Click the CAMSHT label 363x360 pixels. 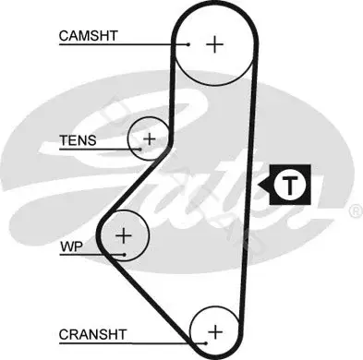pyautogui.click(x=89, y=36)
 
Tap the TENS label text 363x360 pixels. pyautogui.click(x=78, y=140)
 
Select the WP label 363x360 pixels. pyautogui.click(x=71, y=246)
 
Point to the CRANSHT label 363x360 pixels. pyautogui.click(x=92, y=334)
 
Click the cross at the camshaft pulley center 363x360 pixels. pyautogui.click(x=214, y=44)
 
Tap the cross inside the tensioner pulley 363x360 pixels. pyautogui.click(x=150, y=139)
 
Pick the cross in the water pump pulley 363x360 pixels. pyautogui.click(x=124, y=235)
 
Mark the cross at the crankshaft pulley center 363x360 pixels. pyautogui.click(x=215, y=332)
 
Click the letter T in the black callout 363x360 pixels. pyautogui.click(x=290, y=186)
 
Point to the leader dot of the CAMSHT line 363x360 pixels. pyautogui.click(x=188, y=44)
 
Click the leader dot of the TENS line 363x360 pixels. pyautogui.click(x=140, y=150)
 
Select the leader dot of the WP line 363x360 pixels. pyautogui.click(x=124, y=255)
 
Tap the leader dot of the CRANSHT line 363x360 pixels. pyautogui.click(x=206, y=343)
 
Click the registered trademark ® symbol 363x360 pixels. pyautogui.click(x=357, y=211)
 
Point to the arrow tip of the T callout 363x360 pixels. pyautogui.click(x=258, y=186)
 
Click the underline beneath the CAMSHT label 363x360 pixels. pyautogui.click(x=124, y=44)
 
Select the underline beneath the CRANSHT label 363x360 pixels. pyautogui.click(x=132, y=343)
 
